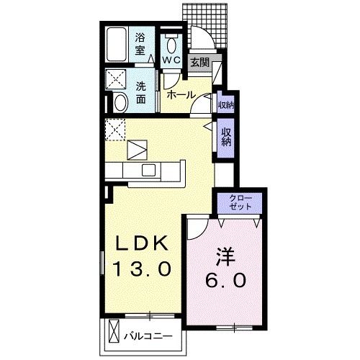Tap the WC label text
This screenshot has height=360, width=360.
click(x=171, y=60)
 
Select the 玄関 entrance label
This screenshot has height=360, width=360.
click(x=199, y=63)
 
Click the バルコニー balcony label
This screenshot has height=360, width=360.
click(x=150, y=336)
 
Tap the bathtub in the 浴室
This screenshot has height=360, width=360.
click(x=116, y=45)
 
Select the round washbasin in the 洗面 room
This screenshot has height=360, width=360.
click(x=120, y=102)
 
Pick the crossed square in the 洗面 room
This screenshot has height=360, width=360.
click(x=115, y=78)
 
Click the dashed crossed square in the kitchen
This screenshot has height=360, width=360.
click(x=115, y=130)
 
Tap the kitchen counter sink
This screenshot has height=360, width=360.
click(x=148, y=170)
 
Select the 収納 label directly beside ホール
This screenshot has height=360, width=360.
click(x=225, y=105)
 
